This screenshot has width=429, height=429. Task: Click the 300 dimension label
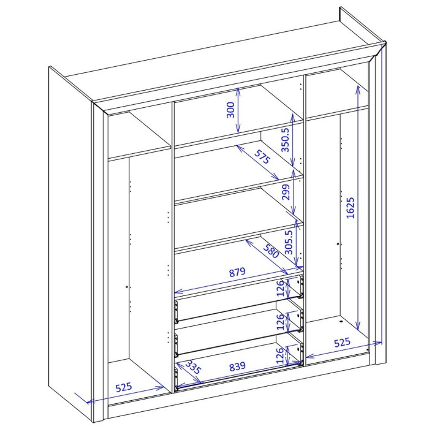pyautogui.click(x=230, y=110)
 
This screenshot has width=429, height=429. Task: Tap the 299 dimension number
pyautogui.click(x=285, y=194)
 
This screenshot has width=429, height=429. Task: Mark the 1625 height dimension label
pyautogui.click(x=350, y=209)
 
